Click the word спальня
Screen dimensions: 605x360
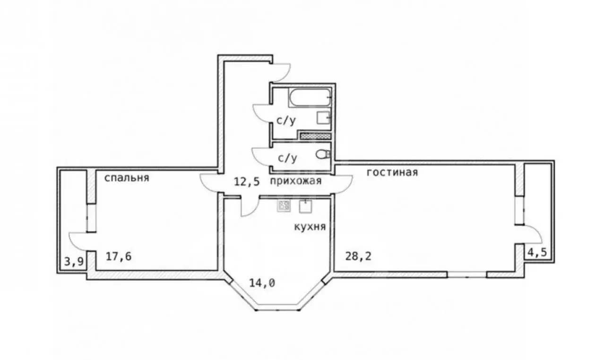[x=127, y=178]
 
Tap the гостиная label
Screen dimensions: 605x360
[x=392, y=172]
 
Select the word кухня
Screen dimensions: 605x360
[x=310, y=227]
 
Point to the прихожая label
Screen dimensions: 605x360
[x=296, y=181]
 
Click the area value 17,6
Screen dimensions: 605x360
[x=119, y=257]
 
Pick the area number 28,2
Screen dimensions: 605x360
[x=358, y=256]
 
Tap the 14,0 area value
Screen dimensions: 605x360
[x=262, y=283]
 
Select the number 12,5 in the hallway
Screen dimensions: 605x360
[x=247, y=181]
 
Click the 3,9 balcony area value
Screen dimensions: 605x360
[x=74, y=262]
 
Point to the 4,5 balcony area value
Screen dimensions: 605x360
[x=537, y=253]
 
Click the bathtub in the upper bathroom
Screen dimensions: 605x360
[x=310, y=97]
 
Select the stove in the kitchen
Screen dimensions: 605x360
[x=284, y=206]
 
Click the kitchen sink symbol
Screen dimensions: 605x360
[x=305, y=206]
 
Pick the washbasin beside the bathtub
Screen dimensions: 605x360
[x=324, y=118]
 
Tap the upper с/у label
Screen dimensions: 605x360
[x=286, y=120]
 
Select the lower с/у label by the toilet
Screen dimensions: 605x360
[x=288, y=158]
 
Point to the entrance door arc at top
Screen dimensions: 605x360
[x=287, y=74]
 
